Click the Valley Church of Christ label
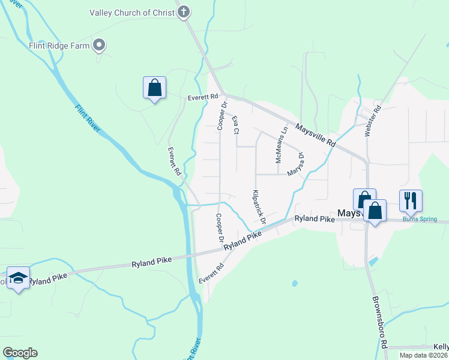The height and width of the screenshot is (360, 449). (x=131, y=13)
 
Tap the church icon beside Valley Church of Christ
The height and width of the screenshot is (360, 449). (x=184, y=12)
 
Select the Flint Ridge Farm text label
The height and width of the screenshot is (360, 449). (x=59, y=45)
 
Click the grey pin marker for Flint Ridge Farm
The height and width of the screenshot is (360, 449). (x=100, y=45)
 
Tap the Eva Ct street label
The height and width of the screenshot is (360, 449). (x=236, y=125)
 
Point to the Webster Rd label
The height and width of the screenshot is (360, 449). (x=373, y=121)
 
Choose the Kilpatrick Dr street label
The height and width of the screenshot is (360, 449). (x=259, y=206)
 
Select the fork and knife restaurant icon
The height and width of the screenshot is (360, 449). (x=411, y=200)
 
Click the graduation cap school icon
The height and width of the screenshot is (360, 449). (x=19, y=278)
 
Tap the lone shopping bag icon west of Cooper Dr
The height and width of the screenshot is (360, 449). (x=155, y=88)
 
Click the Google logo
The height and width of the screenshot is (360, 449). (x=20, y=352)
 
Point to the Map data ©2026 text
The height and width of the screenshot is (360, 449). (x=423, y=355)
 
